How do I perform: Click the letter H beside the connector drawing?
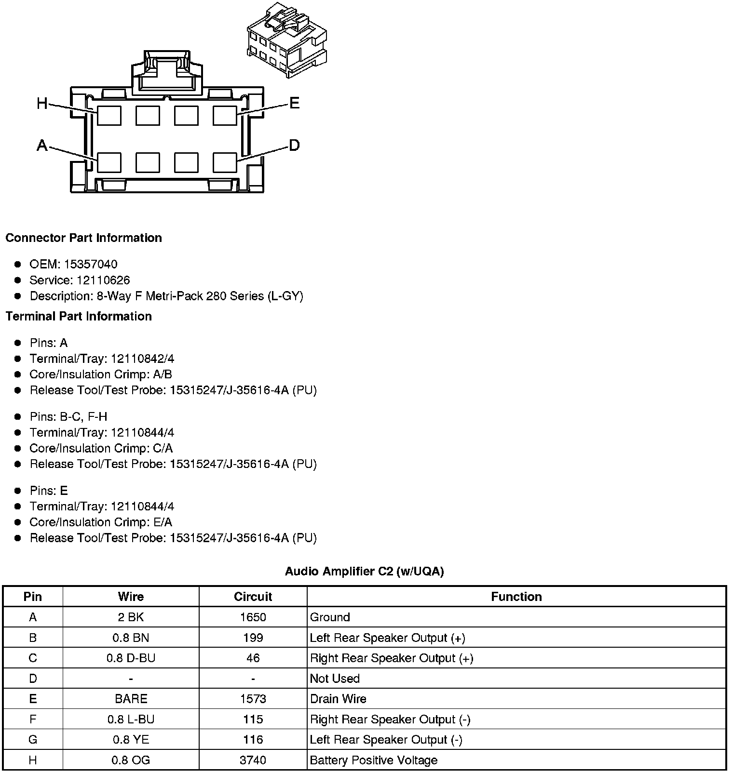click(42, 103)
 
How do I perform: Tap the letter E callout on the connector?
click(294, 103)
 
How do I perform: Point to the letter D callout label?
click(294, 145)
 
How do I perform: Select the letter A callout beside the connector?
click(42, 145)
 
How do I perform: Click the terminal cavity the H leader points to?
click(109, 116)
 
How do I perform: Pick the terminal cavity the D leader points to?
click(225, 163)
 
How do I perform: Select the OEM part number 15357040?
click(91, 264)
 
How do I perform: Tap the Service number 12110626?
click(103, 280)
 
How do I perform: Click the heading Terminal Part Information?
click(79, 316)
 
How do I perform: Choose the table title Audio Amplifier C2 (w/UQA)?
click(364, 571)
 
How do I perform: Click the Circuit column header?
click(253, 597)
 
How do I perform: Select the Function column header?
click(516, 597)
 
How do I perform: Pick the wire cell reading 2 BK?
click(131, 617)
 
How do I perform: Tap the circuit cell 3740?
click(253, 760)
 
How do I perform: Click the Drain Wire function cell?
click(338, 699)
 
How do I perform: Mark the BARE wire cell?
click(131, 699)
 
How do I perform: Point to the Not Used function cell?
click(335, 679)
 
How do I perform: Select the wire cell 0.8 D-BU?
click(131, 658)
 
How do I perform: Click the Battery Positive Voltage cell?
click(374, 760)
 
